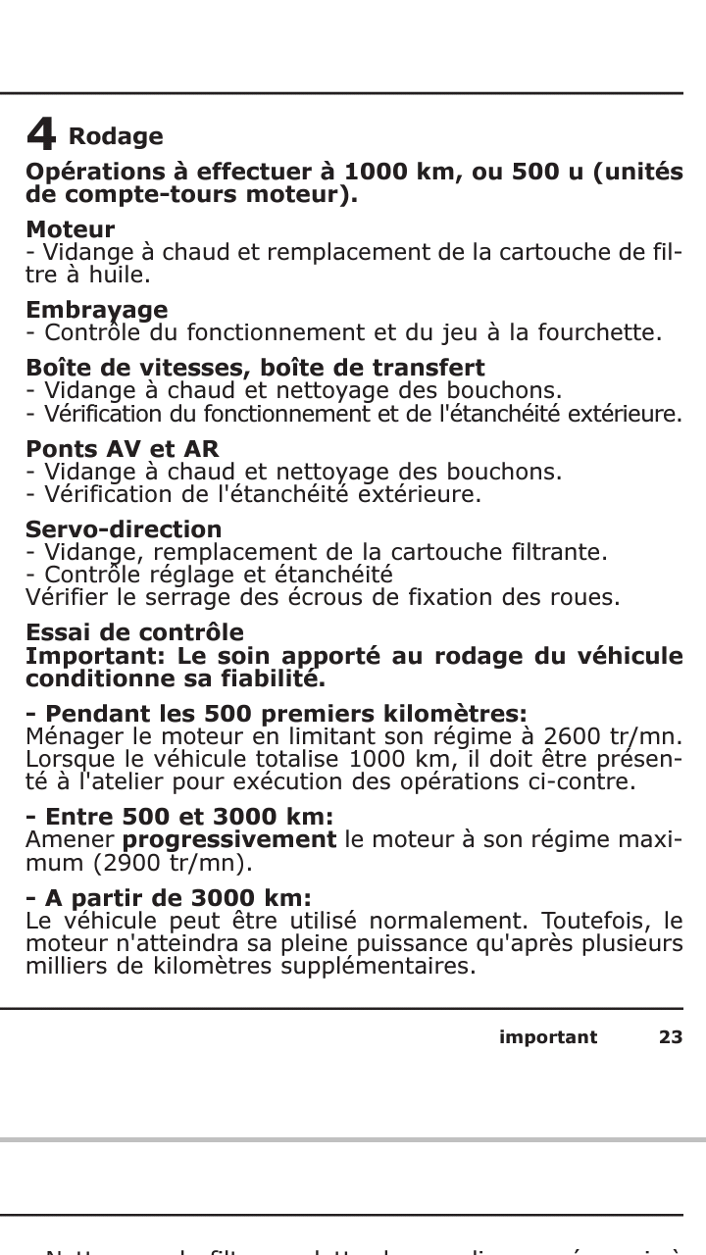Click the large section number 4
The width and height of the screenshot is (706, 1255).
click(x=40, y=134)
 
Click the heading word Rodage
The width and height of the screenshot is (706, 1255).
click(x=116, y=136)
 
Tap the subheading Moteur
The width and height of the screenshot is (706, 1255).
click(x=70, y=230)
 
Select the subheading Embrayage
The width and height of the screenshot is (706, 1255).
click(x=96, y=311)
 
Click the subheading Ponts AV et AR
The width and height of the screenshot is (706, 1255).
click(x=122, y=450)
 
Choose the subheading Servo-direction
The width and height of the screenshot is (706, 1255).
click(x=124, y=530)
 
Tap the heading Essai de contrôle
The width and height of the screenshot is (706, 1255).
click(x=134, y=632)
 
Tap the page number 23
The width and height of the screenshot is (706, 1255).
click(x=670, y=1037)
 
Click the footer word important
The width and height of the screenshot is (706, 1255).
click(x=547, y=1037)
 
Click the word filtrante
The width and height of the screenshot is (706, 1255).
click(x=562, y=552)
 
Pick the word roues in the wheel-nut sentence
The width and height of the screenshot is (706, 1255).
click(x=589, y=597)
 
